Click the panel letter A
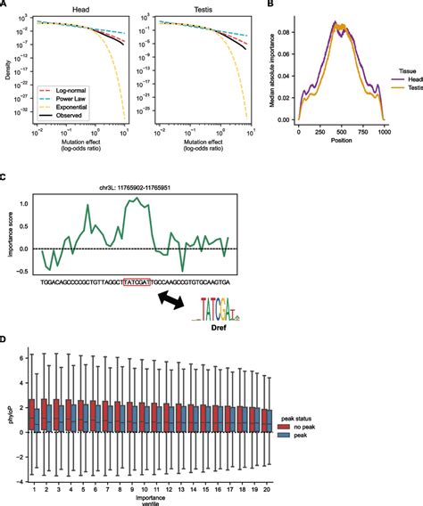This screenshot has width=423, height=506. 5,4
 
